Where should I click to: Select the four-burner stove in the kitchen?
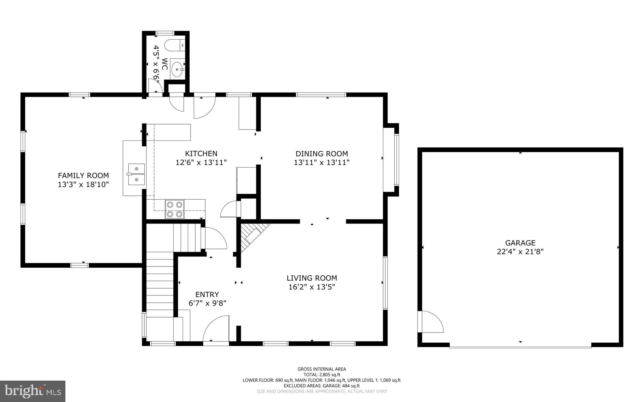(x=175, y=209)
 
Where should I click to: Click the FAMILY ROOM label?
(x=83, y=176)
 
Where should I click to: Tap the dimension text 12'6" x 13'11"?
(x=201, y=162)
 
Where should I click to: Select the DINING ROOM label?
(x=322, y=154)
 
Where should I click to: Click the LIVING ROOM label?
(x=312, y=278)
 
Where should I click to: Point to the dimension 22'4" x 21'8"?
(x=520, y=251)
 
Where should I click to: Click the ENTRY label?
(x=207, y=295)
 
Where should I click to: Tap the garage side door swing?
(x=430, y=322)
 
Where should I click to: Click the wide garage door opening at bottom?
(x=520, y=347)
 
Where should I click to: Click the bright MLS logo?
(x=33, y=391)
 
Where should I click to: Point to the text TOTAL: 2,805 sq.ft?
(x=322, y=375)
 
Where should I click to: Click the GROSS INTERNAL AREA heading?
(x=322, y=369)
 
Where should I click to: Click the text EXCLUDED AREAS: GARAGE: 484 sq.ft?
(x=322, y=386)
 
